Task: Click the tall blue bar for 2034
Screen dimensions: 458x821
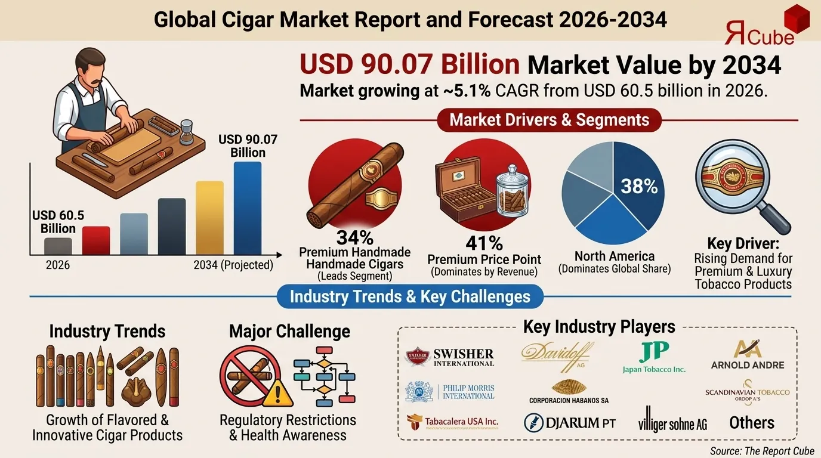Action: click(x=247, y=208)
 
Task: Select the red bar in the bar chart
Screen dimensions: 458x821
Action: click(x=96, y=241)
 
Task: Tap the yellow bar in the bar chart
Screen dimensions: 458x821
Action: click(x=209, y=218)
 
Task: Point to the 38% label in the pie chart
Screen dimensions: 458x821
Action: click(x=639, y=187)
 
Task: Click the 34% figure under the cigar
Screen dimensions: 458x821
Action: click(x=354, y=238)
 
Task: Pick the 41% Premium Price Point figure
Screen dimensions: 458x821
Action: click(x=484, y=243)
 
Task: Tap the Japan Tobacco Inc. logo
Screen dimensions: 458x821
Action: click(x=654, y=358)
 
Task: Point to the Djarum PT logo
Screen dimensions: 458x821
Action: click(x=569, y=423)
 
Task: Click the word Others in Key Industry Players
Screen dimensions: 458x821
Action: click(x=752, y=423)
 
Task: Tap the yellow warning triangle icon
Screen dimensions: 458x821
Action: click(x=278, y=393)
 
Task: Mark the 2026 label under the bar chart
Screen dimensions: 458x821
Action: click(x=58, y=265)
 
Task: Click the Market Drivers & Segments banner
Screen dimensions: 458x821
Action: click(x=549, y=120)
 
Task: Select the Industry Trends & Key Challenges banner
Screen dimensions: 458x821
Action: click(x=410, y=296)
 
